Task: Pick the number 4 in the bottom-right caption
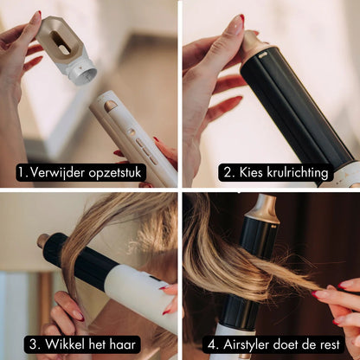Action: tap(212, 344)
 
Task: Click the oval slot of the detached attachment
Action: tap(61, 42)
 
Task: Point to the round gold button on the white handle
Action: tap(131, 132)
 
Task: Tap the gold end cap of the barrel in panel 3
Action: tap(43, 241)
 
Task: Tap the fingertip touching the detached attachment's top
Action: tap(35, 18)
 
